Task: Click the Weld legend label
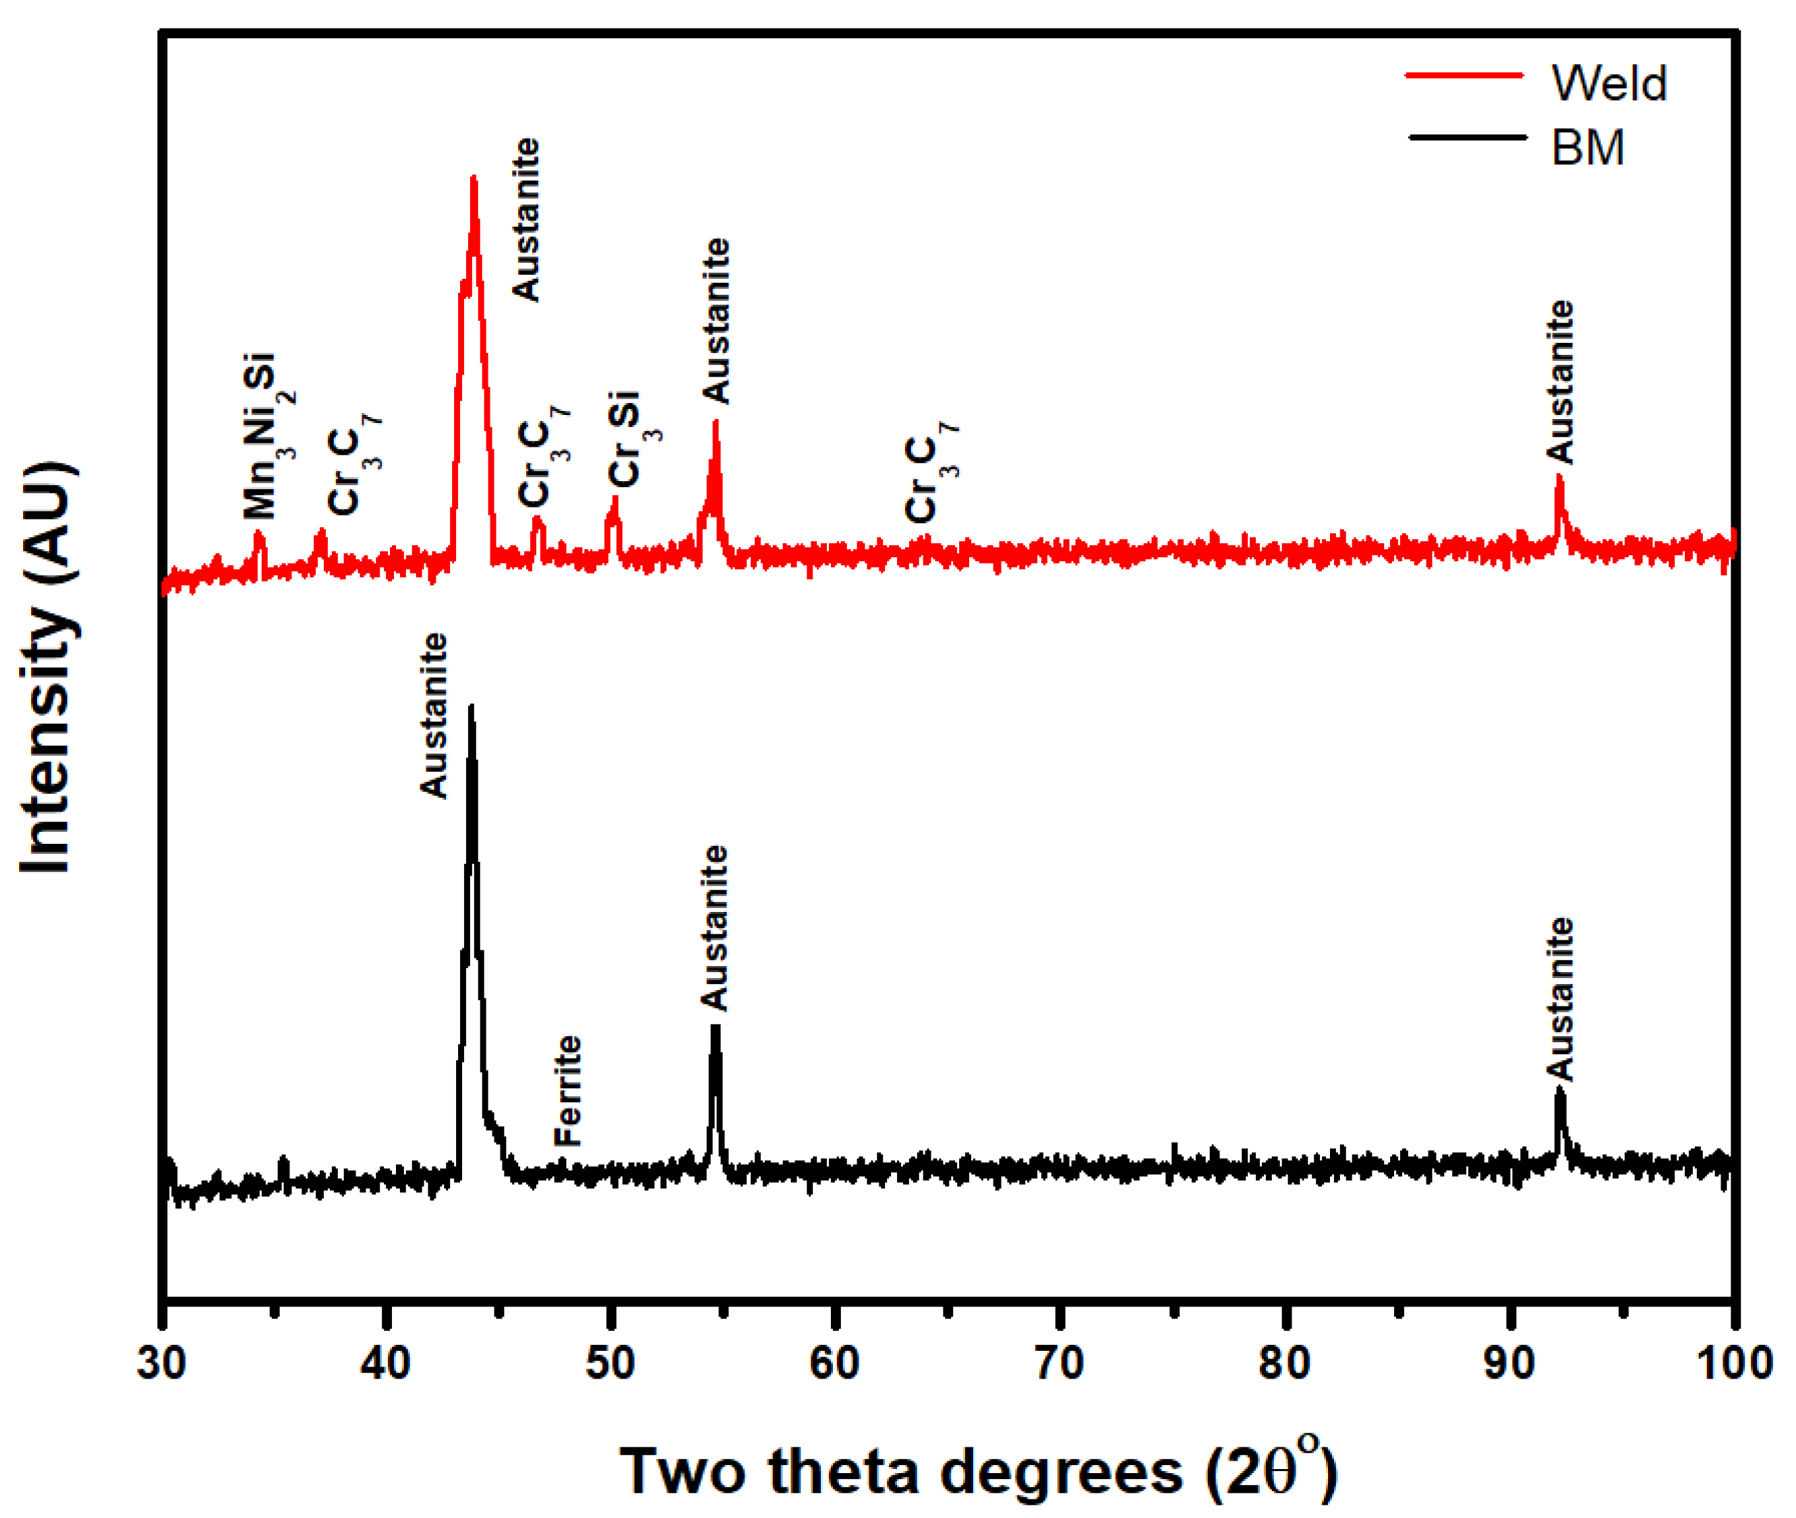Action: click(1608, 83)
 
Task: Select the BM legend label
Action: click(1587, 147)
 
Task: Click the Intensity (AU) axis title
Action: click(48, 667)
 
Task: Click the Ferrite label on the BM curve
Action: click(568, 1090)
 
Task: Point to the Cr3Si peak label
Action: click(631, 439)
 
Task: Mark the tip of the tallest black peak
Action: click(470, 706)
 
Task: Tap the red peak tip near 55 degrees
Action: click(715, 422)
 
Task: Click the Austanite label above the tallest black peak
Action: click(434, 716)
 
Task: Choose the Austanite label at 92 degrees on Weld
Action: click(1559, 382)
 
